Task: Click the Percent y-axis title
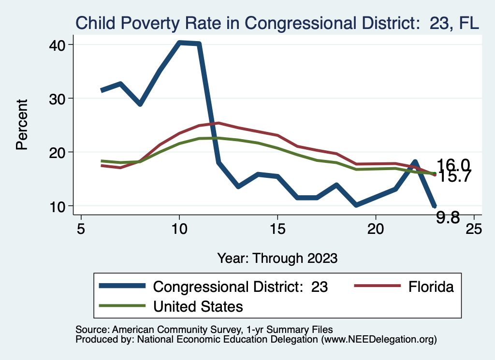[x=22, y=125]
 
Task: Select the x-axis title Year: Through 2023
[x=277, y=258]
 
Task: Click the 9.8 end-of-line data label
[x=448, y=218]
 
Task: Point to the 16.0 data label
[x=453, y=165]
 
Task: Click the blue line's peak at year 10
[x=180, y=43]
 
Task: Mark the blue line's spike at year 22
[x=415, y=162]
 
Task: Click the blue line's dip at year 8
[x=140, y=104]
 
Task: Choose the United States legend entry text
[x=198, y=306]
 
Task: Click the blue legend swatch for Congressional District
[x=122, y=286]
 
